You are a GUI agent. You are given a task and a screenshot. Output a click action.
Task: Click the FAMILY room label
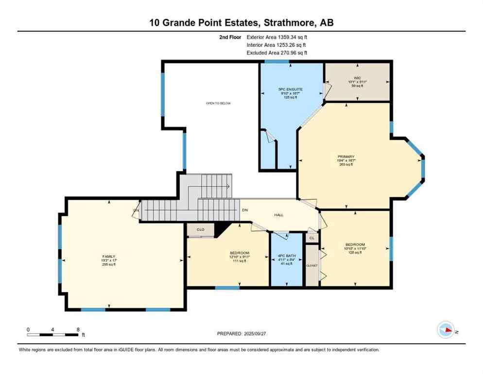coord(109,257)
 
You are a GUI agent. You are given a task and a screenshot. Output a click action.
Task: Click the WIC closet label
coord(357,77)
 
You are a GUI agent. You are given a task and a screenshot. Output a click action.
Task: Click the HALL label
coord(278,215)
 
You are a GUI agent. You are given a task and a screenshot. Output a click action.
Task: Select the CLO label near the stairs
coord(200,228)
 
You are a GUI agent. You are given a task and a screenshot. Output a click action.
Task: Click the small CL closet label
coord(312,238)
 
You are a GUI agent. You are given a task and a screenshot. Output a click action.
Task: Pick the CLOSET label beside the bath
coord(311,265)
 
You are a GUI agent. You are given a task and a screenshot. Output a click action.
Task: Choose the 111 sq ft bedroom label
coord(240,253)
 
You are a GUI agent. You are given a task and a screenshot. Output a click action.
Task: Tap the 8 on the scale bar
coord(78,329)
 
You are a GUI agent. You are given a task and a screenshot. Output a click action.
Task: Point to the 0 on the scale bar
coord(28,329)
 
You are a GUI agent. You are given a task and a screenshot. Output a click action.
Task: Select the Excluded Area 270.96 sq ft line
coord(277,53)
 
